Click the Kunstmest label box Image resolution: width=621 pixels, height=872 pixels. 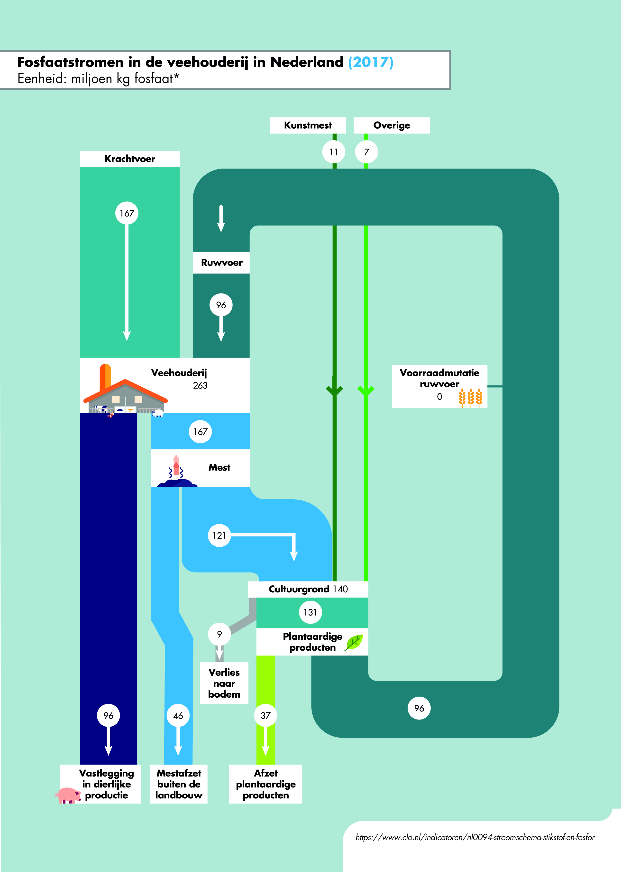[308, 125]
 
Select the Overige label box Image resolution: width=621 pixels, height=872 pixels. [392, 125]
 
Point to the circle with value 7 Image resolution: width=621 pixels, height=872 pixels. [366, 152]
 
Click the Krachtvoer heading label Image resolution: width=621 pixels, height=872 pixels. [130, 159]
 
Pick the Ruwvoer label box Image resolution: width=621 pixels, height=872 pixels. [221, 263]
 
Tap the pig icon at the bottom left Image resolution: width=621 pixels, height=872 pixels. [68, 795]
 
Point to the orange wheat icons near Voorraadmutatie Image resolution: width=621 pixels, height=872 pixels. [471, 398]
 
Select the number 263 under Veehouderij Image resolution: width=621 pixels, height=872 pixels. [200, 386]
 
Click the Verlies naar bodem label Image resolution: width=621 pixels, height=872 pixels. [224, 683]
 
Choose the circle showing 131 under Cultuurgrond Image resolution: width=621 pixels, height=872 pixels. [310, 612]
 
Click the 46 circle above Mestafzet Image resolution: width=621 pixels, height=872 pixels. [178, 715]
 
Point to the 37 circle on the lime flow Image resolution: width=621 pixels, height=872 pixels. [265, 715]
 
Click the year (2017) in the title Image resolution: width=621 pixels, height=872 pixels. [371, 62]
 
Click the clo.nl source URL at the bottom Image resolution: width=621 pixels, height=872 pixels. [475, 837]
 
